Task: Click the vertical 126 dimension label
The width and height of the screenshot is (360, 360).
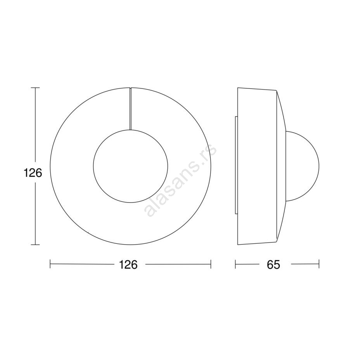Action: point(33,173)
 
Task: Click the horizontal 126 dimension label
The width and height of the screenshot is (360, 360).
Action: point(128,265)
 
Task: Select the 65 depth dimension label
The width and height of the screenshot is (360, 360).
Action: point(273,265)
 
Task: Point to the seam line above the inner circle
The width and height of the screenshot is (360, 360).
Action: point(130,109)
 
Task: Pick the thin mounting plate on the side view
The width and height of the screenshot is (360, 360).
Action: point(236,165)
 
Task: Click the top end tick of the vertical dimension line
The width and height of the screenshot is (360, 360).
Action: point(35,88)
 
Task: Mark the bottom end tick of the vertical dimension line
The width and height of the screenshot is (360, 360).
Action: point(35,245)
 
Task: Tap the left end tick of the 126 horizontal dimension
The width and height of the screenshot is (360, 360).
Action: point(50,264)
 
